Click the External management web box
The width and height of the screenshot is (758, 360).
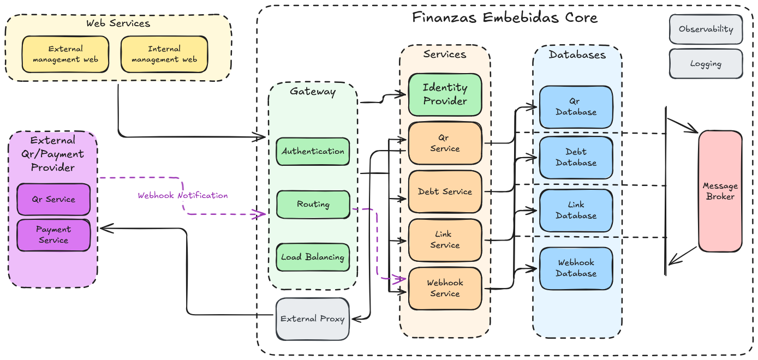(65, 54)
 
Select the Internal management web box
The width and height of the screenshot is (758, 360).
(164, 54)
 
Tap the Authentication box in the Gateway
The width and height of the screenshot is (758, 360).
(313, 151)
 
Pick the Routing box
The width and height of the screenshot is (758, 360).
(313, 205)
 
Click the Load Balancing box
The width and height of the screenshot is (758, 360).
(313, 257)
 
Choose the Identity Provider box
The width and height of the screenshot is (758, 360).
(445, 94)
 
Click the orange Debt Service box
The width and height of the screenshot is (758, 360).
(445, 191)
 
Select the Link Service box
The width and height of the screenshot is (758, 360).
(445, 240)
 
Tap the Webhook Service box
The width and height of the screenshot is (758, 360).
(445, 288)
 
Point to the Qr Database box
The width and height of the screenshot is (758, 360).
(576, 107)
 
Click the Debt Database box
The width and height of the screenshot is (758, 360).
(576, 157)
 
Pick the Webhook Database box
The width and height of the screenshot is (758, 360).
(576, 268)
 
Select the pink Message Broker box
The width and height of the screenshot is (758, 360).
(720, 191)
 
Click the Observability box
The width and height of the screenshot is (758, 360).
(706, 29)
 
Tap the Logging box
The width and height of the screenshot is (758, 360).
(706, 64)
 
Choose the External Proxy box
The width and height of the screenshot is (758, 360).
(312, 319)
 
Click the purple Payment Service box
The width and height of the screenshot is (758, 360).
(53, 235)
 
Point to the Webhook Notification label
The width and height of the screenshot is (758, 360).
(182, 195)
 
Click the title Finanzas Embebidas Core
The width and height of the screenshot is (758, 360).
(505, 17)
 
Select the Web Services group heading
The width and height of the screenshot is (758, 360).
(118, 23)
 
